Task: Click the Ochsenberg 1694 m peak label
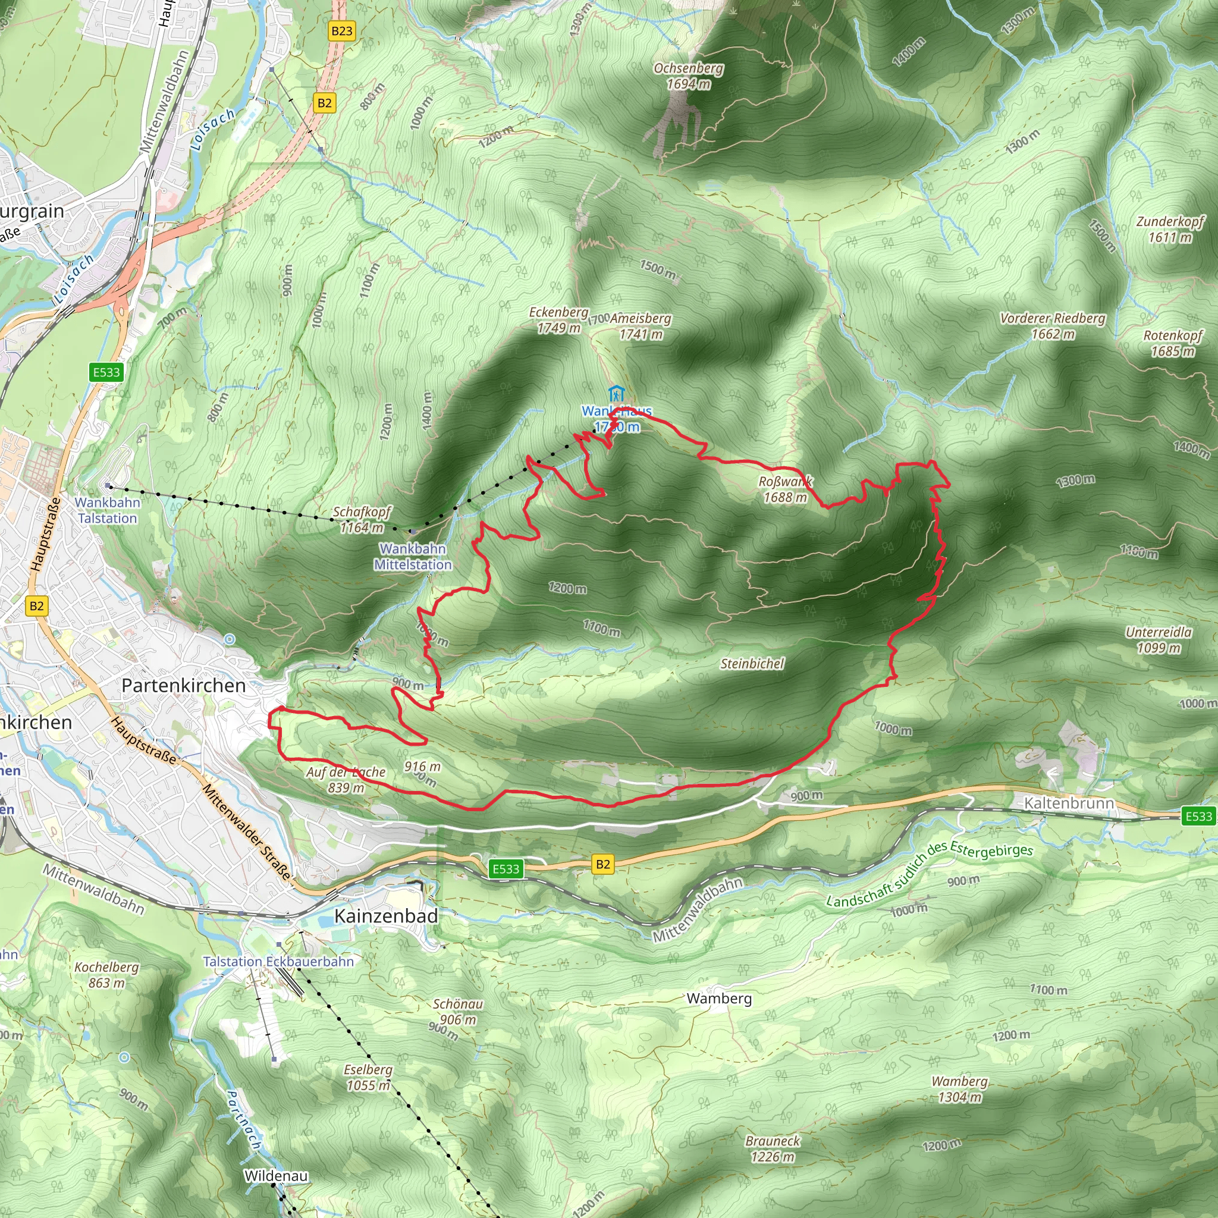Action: (x=689, y=76)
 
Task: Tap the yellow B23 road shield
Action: (x=342, y=31)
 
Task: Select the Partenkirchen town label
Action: (x=183, y=685)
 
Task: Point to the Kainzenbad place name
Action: (x=386, y=915)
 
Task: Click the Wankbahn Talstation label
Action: (x=107, y=510)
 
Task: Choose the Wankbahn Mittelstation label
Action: (x=413, y=557)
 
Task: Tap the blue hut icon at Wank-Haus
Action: (x=616, y=393)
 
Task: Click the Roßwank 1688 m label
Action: (x=785, y=489)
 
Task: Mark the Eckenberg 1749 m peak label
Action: (x=558, y=321)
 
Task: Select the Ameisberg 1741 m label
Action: (x=641, y=327)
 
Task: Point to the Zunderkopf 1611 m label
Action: (x=1170, y=230)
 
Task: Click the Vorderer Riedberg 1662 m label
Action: (x=1053, y=326)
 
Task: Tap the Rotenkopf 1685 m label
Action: (x=1173, y=343)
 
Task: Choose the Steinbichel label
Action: (x=752, y=663)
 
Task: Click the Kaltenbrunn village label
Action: (x=1069, y=803)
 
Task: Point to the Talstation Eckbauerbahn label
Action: (x=278, y=962)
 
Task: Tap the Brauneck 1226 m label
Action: (x=773, y=1148)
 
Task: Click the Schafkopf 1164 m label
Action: (x=362, y=519)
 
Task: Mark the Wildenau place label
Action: (x=275, y=1176)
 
